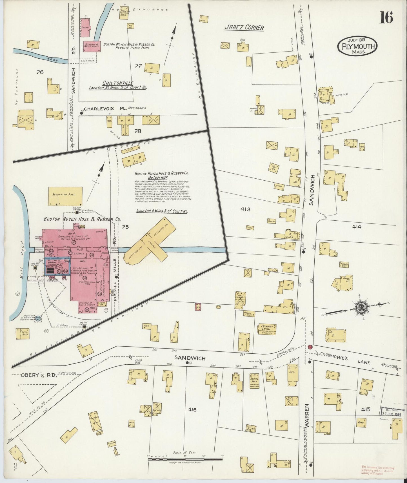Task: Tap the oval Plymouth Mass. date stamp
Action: point(357,46)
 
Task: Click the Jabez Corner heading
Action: point(244,28)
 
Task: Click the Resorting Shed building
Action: point(65,196)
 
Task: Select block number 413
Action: point(245,209)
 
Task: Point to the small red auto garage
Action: point(198,307)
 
